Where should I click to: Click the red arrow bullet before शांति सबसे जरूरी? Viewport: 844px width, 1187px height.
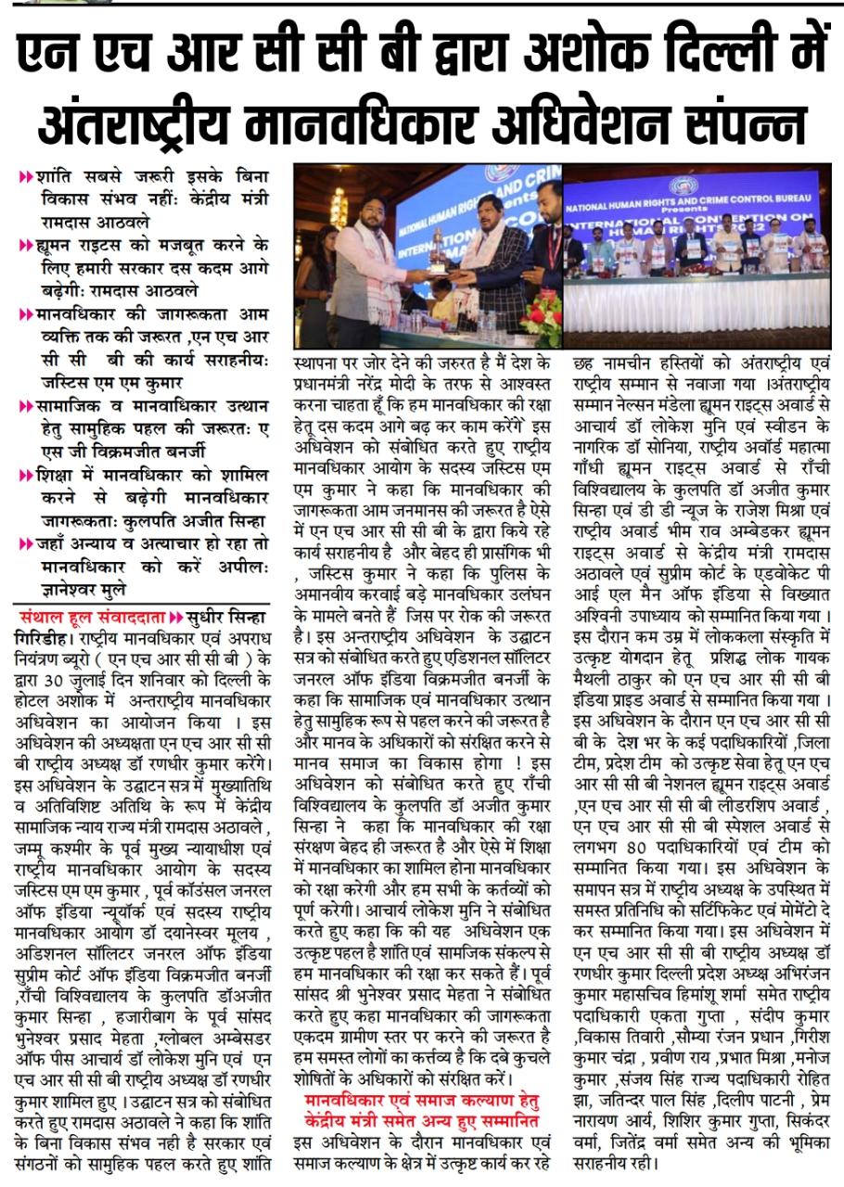(26, 175)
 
